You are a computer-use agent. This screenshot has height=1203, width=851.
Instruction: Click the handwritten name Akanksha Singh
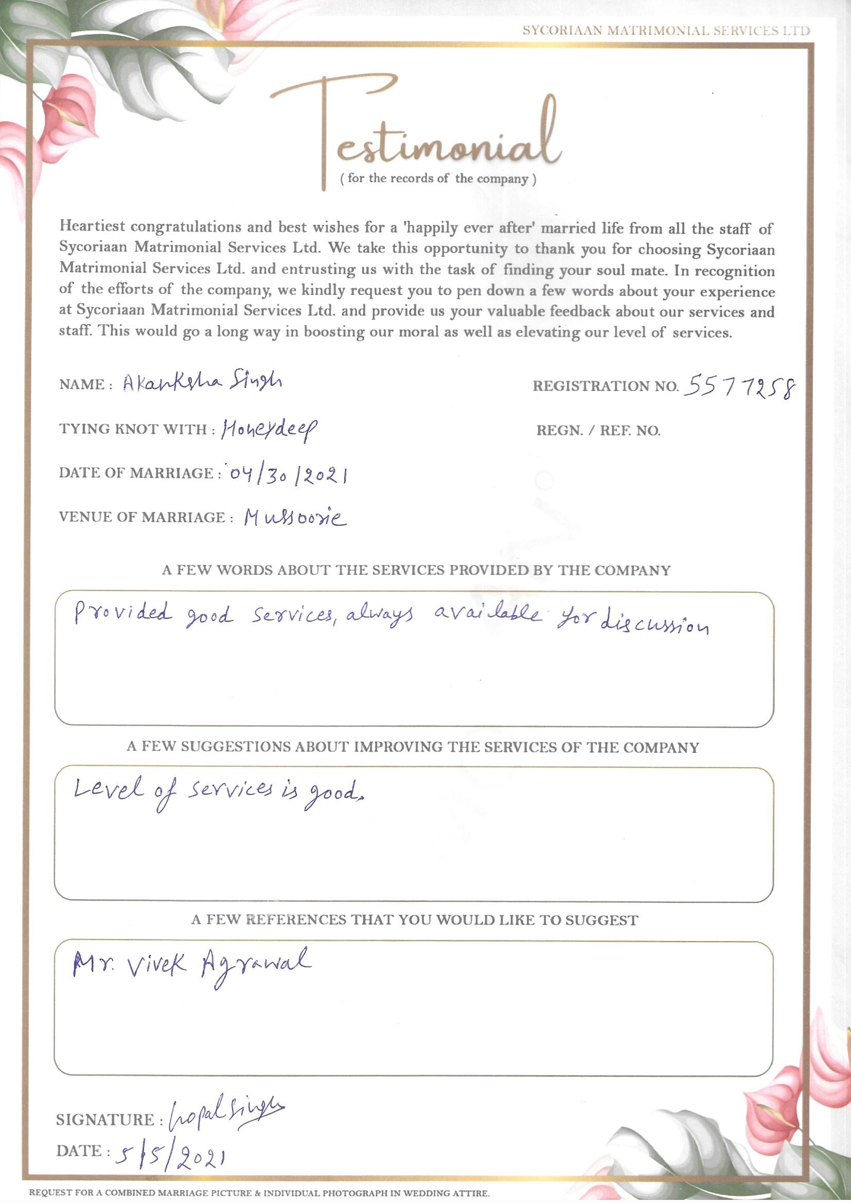[x=202, y=383]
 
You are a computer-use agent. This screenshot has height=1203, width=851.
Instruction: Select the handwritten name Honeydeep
[x=269, y=431]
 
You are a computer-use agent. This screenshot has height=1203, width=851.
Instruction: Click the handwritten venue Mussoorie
[x=295, y=519]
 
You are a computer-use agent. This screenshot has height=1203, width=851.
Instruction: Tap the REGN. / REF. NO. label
[x=598, y=431]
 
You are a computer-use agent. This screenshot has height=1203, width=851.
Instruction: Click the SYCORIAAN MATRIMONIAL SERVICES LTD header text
[x=666, y=30]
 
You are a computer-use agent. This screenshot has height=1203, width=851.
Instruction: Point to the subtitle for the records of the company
[x=438, y=179]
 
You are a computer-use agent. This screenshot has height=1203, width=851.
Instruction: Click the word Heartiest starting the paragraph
[x=92, y=226]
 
